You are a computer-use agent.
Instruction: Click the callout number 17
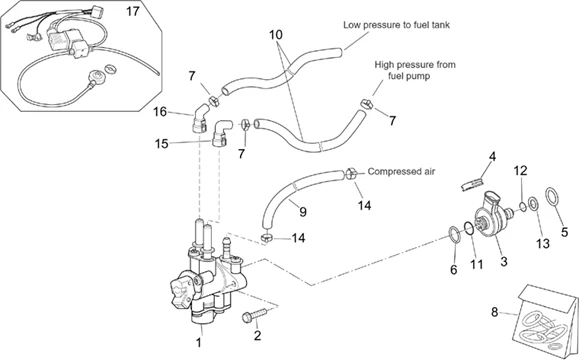click(x=133, y=11)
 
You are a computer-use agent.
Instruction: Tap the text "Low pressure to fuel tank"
click(x=397, y=25)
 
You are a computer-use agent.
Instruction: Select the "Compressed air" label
click(x=401, y=171)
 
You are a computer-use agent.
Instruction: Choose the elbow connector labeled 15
click(x=221, y=133)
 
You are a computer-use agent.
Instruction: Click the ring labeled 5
click(x=552, y=196)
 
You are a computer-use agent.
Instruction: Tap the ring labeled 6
click(x=454, y=234)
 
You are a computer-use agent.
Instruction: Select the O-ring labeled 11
click(x=469, y=228)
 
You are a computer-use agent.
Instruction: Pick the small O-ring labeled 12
click(x=523, y=206)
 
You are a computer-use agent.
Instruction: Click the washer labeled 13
click(x=533, y=204)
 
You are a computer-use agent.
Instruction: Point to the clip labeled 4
click(x=473, y=183)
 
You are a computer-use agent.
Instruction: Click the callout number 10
click(x=275, y=35)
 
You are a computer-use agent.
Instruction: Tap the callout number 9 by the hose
click(x=303, y=212)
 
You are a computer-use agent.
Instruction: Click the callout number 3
click(x=504, y=261)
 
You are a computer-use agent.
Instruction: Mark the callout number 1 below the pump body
click(x=199, y=342)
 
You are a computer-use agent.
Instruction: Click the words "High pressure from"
click(x=415, y=65)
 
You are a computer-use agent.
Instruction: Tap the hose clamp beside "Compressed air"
click(x=351, y=172)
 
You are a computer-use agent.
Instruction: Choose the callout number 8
click(x=495, y=312)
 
